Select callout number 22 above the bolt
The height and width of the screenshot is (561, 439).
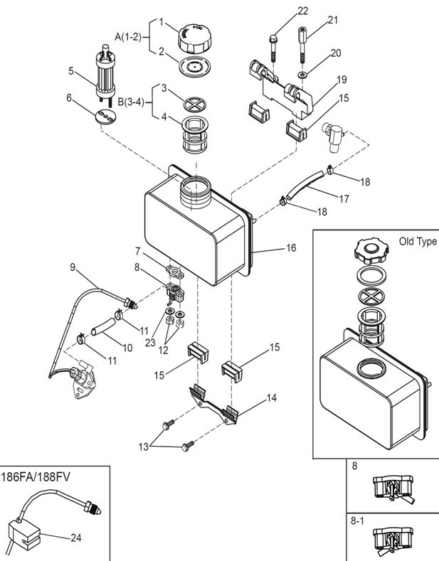(303, 11)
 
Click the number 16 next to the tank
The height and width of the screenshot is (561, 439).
(291, 248)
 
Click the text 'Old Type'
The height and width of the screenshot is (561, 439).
(418, 242)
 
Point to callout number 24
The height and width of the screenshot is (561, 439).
(76, 538)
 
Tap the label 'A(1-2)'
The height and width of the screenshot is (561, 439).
(129, 34)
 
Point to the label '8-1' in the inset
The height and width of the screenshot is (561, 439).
(358, 520)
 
